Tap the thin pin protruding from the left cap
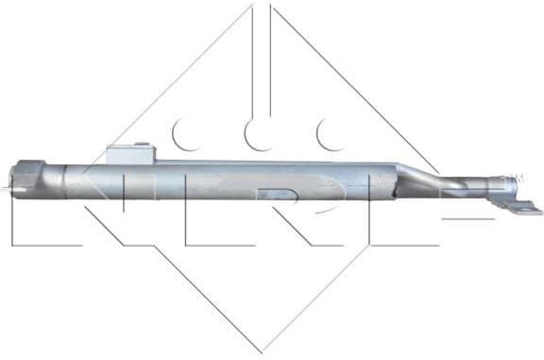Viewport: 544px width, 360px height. [8, 186]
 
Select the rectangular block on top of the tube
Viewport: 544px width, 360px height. [129, 155]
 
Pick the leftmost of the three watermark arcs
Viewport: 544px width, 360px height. [185, 134]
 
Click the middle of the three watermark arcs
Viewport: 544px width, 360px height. [257, 134]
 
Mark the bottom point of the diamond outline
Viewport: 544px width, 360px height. [263, 351]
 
